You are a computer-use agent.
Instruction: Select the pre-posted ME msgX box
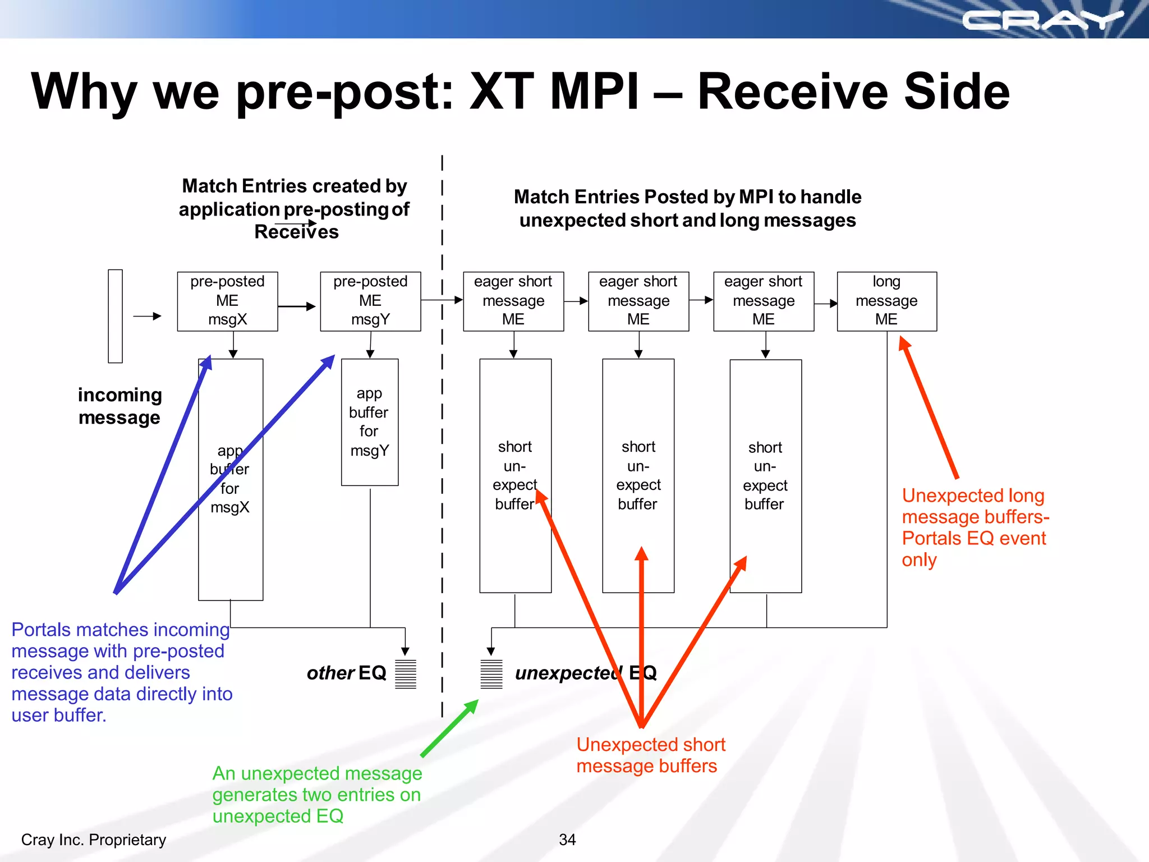(x=227, y=301)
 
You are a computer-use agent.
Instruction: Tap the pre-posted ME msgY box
(x=370, y=301)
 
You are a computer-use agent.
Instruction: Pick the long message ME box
(x=886, y=301)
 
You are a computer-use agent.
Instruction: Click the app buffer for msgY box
(x=370, y=422)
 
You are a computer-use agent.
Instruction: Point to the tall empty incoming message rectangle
(x=115, y=316)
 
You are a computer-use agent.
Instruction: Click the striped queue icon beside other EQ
(x=406, y=674)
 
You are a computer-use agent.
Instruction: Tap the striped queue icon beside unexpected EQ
(x=491, y=674)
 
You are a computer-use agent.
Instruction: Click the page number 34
(x=567, y=840)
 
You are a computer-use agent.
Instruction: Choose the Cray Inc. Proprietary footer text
(x=94, y=840)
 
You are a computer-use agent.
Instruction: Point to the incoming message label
(x=120, y=406)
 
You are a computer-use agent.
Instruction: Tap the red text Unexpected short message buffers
(x=650, y=755)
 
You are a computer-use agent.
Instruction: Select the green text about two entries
(x=317, y=795)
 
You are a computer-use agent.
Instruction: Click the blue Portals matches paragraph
(x=121, y=672)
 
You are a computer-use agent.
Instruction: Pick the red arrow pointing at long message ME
(x=929, y=407)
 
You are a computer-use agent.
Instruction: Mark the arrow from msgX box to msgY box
(x=297, y=306)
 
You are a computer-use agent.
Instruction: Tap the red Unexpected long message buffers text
(x=975, y=528)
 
